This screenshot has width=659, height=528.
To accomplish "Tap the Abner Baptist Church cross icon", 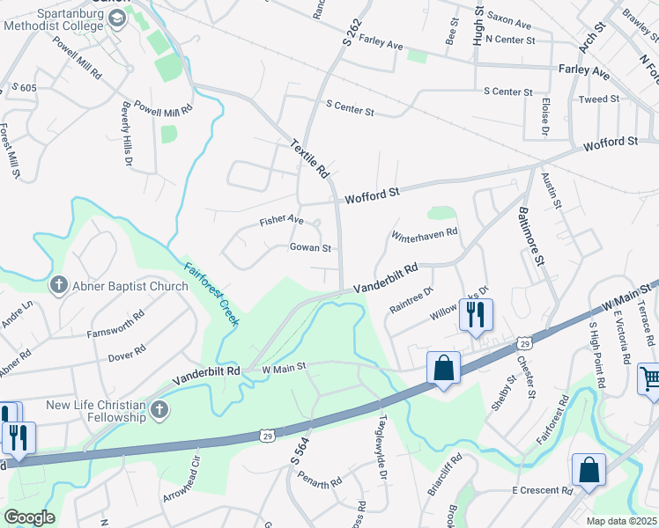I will [58, 285].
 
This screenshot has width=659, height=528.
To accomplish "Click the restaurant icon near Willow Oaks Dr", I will [476, 314].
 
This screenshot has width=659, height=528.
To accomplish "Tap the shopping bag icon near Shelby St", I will [444, 368].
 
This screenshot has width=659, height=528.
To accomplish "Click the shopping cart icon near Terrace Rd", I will [650, 378].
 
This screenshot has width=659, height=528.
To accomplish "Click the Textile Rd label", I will [309, 158].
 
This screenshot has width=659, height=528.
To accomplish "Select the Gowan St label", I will [310, 248].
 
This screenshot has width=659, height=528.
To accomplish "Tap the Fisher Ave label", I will [281, 220].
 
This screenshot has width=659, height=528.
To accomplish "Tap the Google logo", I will [29, 517].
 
